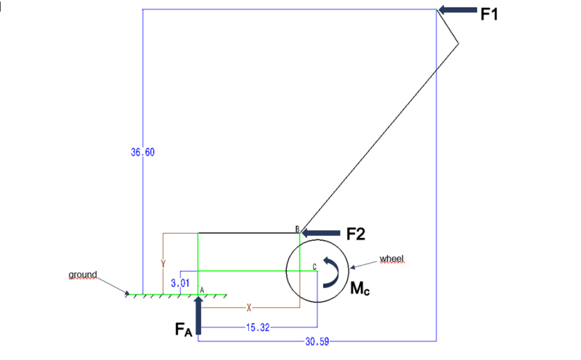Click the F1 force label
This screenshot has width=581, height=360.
coord(489,14)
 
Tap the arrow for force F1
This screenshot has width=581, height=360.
coord(458,10)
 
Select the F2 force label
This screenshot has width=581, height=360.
coord(356,234)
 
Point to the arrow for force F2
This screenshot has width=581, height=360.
coord(321,233)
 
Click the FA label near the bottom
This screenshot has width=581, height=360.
coord(184,329)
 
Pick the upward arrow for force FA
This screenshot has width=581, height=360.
coord(198,315)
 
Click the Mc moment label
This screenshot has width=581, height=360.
coord(359,288)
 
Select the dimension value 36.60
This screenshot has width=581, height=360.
coord(142,152)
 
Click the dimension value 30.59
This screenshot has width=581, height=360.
coord(317,341)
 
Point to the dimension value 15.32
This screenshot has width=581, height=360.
coord(258,327)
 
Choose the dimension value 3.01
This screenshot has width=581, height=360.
coord(180,283)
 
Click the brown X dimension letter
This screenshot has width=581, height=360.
coord(249,308)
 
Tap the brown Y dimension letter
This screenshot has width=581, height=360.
coord(163,263)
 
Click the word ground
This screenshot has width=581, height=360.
coord(83,275)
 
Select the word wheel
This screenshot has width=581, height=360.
coord(391,258)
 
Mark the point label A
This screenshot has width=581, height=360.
coord(202,290)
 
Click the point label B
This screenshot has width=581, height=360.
coord(297,229)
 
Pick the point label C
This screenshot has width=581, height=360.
coord(314,267)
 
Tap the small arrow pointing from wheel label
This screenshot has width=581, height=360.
coord(364,264)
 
